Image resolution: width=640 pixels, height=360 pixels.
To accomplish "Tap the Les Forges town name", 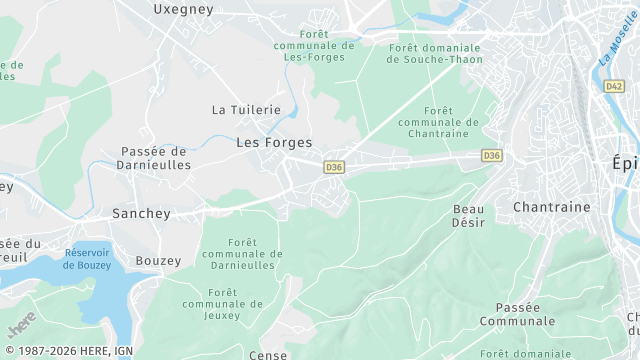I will point(274,143).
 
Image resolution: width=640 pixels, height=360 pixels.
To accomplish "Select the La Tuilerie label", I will point(246,109).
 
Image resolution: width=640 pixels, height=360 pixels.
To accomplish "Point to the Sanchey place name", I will point(141,213).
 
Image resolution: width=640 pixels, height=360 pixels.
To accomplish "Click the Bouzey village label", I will point(159,261).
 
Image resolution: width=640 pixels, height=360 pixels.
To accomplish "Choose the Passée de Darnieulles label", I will point(155,158).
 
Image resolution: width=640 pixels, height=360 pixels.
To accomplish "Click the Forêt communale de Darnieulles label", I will point(241,254).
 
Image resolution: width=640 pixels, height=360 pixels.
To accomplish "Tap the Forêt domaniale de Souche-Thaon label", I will point(434,53).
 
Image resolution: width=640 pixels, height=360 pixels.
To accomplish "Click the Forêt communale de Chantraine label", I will point(438,122).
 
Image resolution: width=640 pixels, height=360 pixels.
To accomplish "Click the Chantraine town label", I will point(551,206).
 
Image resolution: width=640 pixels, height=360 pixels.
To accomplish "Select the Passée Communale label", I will point(517,314).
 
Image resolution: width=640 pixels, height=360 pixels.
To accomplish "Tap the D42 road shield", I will point(614,87).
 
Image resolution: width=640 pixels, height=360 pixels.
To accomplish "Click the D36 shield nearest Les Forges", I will point(334,168).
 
